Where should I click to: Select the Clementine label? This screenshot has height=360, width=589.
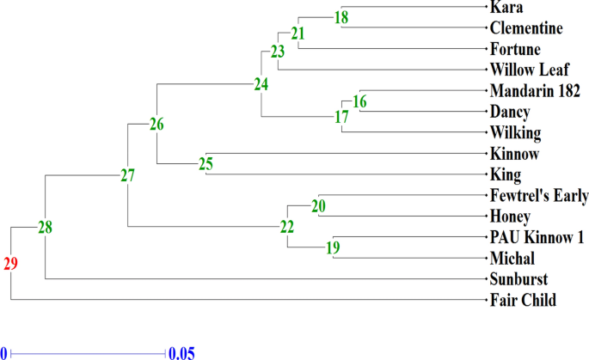point(526,28)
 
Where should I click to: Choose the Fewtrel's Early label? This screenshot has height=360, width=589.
point(539,196)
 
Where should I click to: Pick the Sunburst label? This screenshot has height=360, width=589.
point(519,279)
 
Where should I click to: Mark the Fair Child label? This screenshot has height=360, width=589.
point(523,300)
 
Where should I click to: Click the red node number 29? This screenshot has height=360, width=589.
point(10,264)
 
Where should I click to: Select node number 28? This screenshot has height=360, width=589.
point(45,228)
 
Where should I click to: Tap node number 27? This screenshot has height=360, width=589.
point(127,176)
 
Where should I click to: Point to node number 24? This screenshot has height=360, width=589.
point(261,84)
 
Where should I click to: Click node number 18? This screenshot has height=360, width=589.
point(341,17)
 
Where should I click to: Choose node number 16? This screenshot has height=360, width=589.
point(359,102)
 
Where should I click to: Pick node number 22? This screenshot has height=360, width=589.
point(286,227)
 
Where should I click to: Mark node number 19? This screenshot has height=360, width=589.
point(334,248)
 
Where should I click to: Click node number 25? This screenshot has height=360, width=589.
point(206,164)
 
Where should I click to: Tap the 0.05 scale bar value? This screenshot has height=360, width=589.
point(181,352)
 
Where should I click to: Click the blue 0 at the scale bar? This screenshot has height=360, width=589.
point(3,352)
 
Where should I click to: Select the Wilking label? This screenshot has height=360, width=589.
point(515,133)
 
